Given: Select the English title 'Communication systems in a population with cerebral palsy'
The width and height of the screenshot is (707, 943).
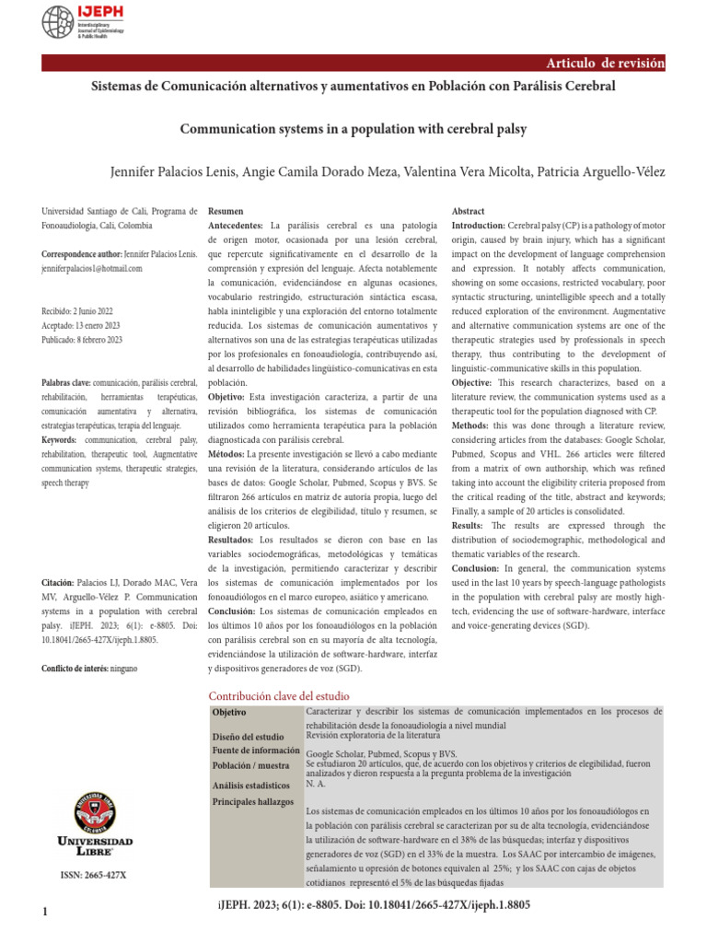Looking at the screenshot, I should coord(353,129).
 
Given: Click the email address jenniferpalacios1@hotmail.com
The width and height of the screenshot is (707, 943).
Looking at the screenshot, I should coord(92,268).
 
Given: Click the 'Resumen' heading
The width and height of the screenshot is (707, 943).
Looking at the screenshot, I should coord(226,211).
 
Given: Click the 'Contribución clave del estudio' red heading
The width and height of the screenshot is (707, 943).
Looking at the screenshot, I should coord(279,695).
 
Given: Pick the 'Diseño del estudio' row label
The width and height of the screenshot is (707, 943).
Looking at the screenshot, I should coord(248,737).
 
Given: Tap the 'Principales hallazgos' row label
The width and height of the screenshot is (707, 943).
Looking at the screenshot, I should coord(252,801).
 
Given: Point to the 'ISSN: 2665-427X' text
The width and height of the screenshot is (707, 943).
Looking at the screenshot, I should coord(93,874).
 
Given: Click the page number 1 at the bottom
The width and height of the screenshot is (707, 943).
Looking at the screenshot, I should coord(44,912).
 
